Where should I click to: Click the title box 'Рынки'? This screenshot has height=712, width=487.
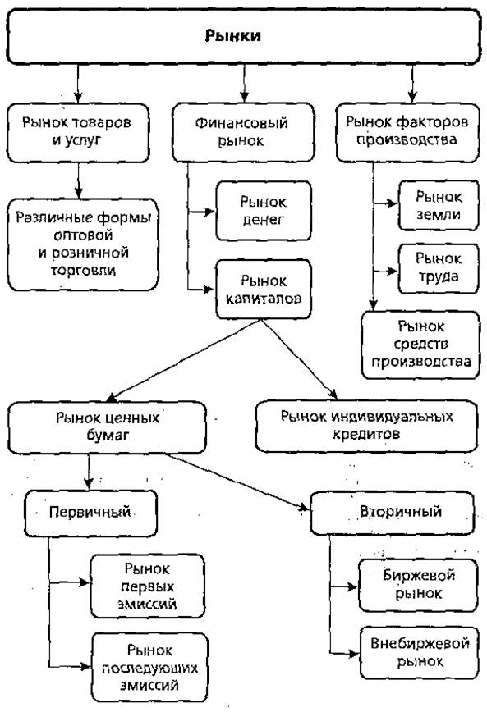pyautogui.click(x=243, y=36)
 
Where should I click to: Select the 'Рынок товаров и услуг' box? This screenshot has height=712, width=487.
pyautogui.click(x=78, y=133)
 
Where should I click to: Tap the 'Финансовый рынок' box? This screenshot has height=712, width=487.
pyautogui.click(x=243, y=132)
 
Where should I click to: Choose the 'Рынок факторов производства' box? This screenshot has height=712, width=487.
pyautogui.click(x=408, y=132)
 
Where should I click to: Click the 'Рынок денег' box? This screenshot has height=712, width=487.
pyautogui.click(x=264, y=211)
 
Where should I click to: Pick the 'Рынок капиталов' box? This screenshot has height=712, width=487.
pyautogui.click(x=264, y=290)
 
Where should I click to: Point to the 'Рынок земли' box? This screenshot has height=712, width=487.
pyautogui.click(x=439, y=205)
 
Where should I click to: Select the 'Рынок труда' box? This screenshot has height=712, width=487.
pyautogui.click(x=439, y=268)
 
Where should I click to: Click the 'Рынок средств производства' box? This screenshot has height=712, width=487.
pyautogui.click(x=420, y=345)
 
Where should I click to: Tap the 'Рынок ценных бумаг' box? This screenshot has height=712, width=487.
pyautogui.click(x=107, y=427)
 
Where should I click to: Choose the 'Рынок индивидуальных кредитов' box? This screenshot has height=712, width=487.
pyautogui.click(x=366, y=426)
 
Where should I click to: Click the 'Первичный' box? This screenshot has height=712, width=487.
pyautogui.click(x=90, y=513)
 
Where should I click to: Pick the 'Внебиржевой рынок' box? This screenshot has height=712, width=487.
pyautogui.click(x=420, y=653)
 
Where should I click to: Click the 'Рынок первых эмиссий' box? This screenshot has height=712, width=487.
pyautogui.click(x=147, y=586)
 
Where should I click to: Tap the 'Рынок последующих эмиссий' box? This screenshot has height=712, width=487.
pyautogui.click(x=149, y=668)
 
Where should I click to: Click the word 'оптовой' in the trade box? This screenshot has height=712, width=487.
pyautogui.click(x=83, y=235)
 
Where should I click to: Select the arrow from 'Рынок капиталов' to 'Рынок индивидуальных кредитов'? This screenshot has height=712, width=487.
pyautogui.click(x=299, y=359)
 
